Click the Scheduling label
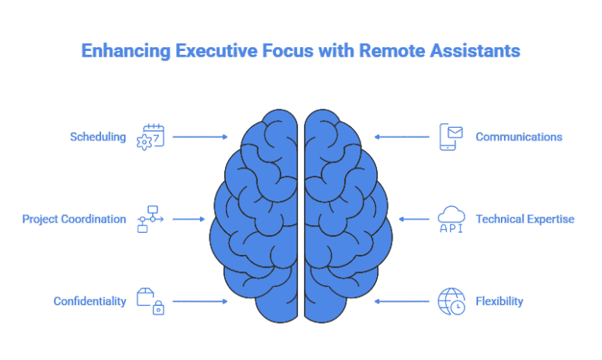(97, 136)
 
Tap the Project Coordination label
(74, 219)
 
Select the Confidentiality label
(89, 301)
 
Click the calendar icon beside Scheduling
(150, 136)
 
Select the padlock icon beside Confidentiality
(150, 300)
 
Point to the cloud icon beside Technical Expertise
(451, 219)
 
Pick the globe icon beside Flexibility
(451, 300)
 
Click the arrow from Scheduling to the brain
(200, 136)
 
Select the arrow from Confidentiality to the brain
(200, 301)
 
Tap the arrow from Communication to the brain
(402, 136)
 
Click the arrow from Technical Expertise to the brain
(413, 219)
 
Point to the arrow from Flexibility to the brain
(402, 301)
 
